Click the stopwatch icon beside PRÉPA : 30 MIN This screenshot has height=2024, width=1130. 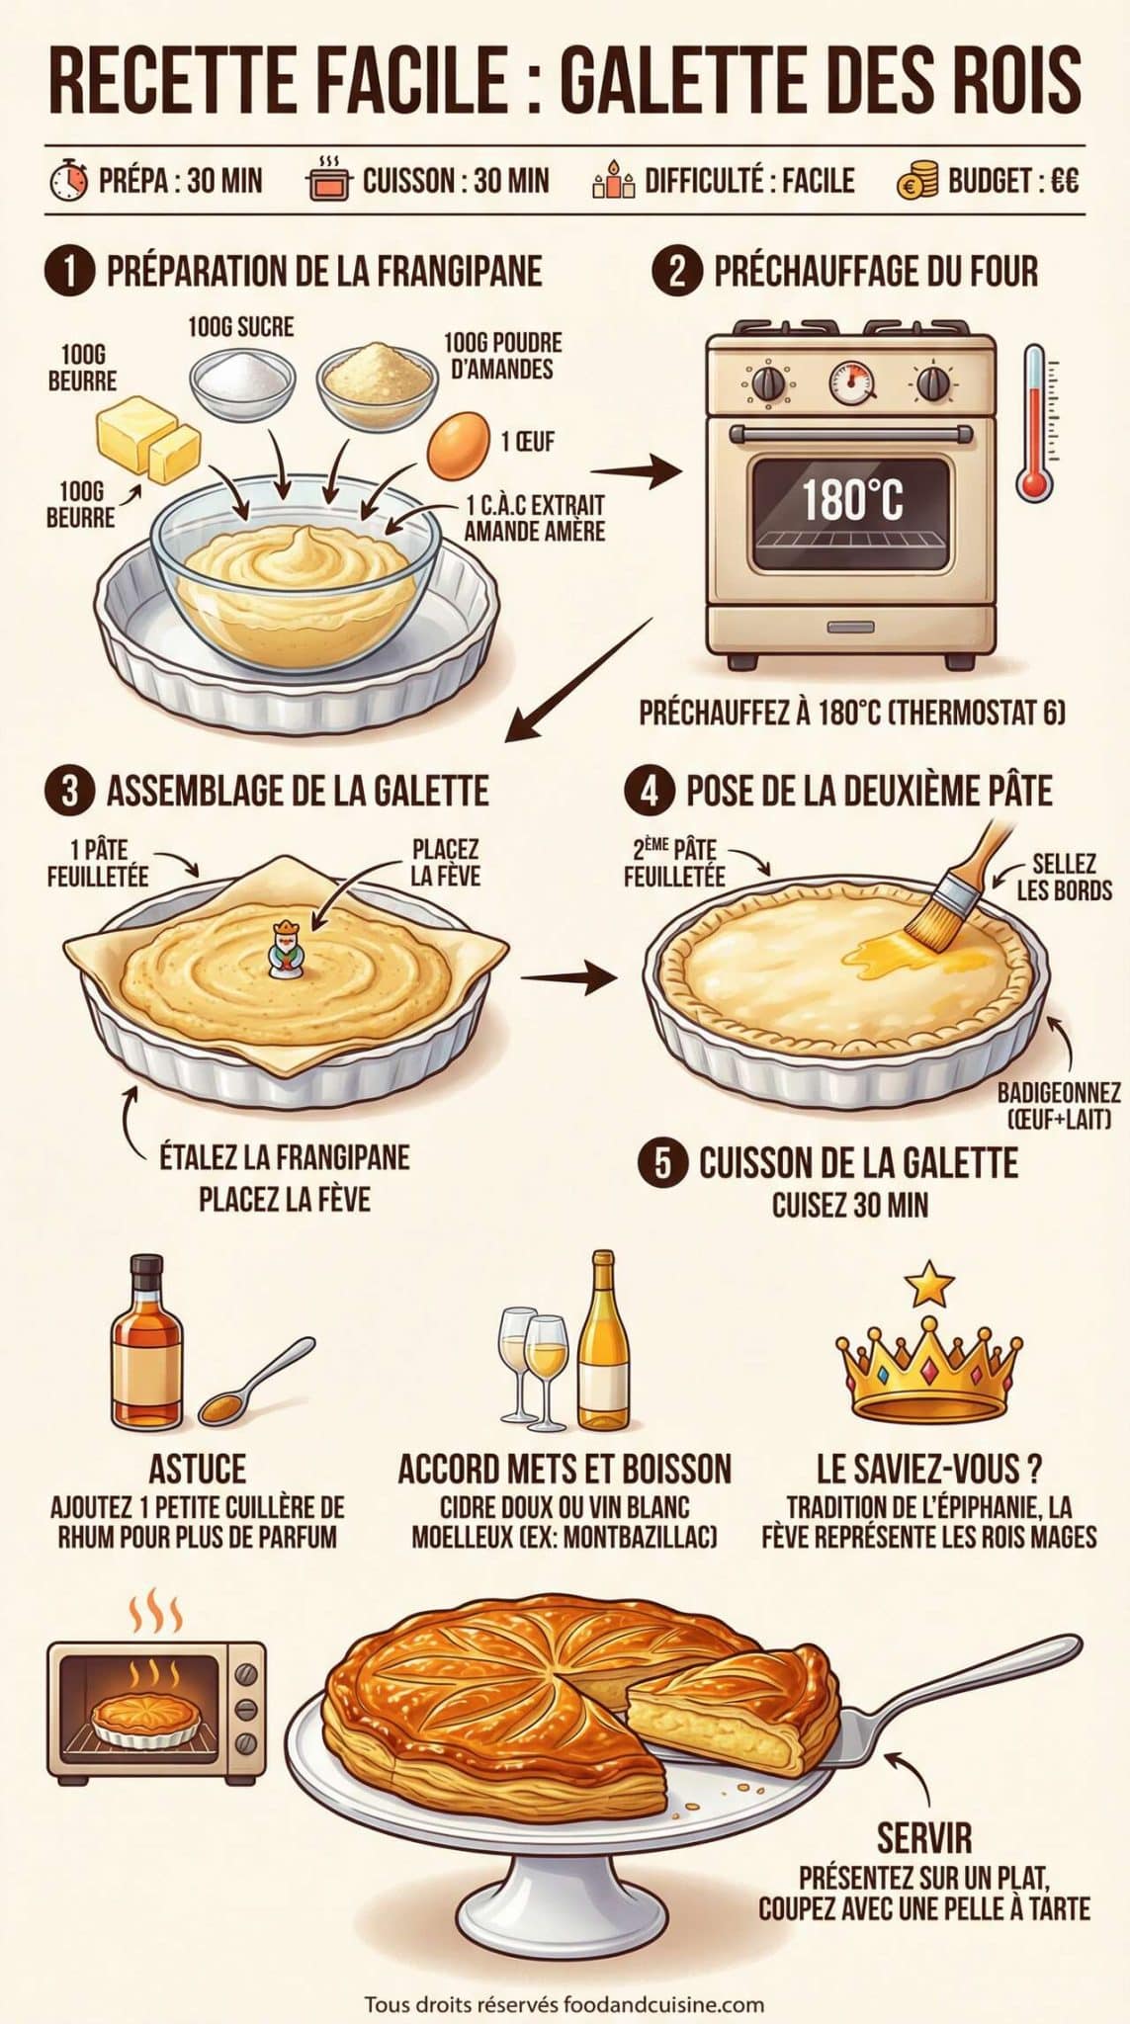click(x=69, y=182)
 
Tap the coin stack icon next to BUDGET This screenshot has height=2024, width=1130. click(x=916, y=182)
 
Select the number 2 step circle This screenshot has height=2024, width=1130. click(x=677, y=271)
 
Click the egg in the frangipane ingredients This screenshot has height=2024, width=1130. click(x=459, y=441)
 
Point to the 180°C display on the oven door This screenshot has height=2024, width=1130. click(x=851, y=499)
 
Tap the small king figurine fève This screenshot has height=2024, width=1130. click(x=285, y=948)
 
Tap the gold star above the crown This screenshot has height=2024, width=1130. click(x=929, y=1285)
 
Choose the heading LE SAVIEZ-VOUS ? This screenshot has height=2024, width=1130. click(x=929, y=1470)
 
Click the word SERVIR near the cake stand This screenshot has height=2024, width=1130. click(x=924, y=1837)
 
